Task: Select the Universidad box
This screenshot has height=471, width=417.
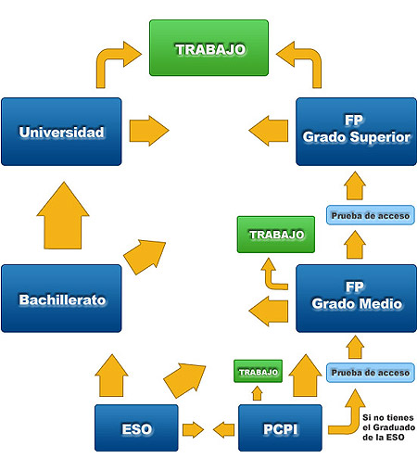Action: (x=61, y=132)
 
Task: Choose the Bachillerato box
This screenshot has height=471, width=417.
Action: (x=61, y=299)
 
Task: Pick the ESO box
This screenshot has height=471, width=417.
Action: (x=136, y=428)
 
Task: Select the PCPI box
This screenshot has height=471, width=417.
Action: (x=280, y=428)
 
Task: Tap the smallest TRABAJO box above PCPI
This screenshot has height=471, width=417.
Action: (x=258, y=372)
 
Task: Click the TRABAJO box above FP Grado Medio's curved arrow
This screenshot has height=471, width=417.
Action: (x=276, y=235)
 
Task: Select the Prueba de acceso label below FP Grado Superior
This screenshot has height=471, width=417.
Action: (x=370, y=216)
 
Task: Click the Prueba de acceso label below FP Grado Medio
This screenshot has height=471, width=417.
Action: (x=370, y=373)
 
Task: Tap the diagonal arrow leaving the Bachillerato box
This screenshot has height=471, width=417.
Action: (x=144, y=254)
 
